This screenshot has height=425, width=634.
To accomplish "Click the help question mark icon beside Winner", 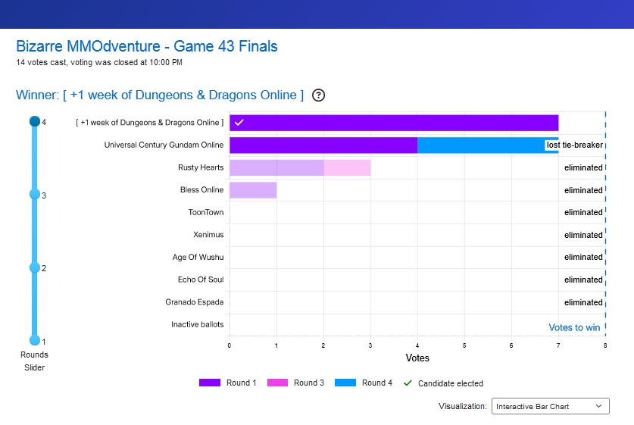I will [x=319, y=95].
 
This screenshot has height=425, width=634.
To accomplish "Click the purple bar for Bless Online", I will [x=253, y=190].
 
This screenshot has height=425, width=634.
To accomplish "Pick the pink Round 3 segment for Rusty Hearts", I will [x=347, y=167].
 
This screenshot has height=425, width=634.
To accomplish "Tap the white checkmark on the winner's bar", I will [x=239, y=123].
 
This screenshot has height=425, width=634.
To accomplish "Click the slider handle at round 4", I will [x=34, y=121].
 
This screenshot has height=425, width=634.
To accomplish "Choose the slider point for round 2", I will [x=34, y=267].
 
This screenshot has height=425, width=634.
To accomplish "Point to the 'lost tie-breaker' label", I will [x=574, y=145].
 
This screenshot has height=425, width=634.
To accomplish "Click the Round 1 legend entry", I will [x=227, y=383].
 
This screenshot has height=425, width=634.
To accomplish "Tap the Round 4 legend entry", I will [x=363, y=383].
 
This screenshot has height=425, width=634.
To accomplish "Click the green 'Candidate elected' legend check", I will [x=408, y=383].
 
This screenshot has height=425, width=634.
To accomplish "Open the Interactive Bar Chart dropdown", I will [x=550, y=407].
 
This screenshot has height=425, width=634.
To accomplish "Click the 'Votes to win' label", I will [x=574, y=328].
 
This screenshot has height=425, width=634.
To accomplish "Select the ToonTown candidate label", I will [x=206, y=213].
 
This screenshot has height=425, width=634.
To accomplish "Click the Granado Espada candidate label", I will [x=195, y=302].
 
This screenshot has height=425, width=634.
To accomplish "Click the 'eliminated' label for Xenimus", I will [x=583, y=235].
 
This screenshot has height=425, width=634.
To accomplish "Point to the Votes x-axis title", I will [x=417, y=358].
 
